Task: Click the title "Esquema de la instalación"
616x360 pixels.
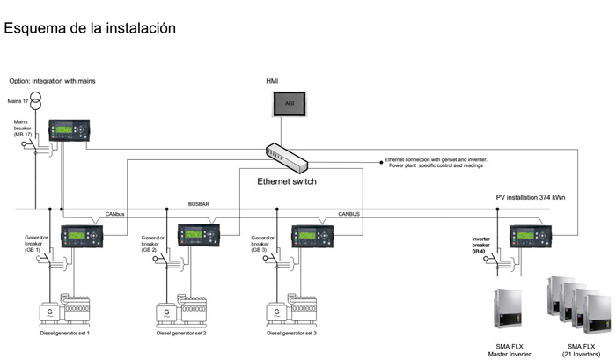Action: point(91,28)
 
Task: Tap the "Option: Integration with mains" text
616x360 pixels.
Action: point(53,80)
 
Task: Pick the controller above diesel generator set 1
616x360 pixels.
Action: point(81,237)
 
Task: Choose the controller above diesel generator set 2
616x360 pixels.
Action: point(199,236)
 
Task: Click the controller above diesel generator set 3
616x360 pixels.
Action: point(312,237)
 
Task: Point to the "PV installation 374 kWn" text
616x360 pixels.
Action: point(532,197)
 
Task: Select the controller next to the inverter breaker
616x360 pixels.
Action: point(530,237)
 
